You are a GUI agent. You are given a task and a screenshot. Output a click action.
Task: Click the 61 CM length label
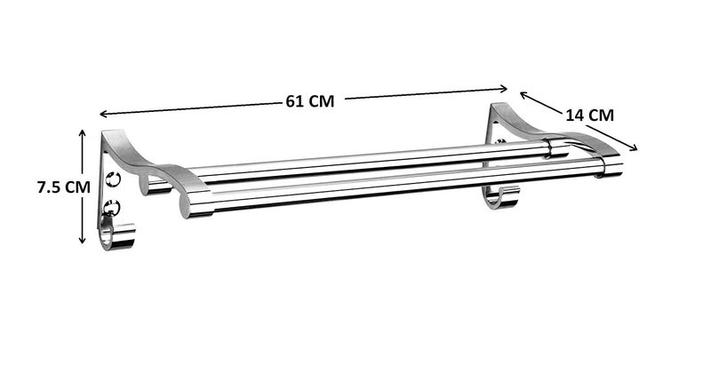coord(309,101)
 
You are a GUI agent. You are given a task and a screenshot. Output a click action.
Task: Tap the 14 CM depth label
coord(588,114)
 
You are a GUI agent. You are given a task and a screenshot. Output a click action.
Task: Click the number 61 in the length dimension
coord(294,101)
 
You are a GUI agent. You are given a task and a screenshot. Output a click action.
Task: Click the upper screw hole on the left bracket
coord(113,179)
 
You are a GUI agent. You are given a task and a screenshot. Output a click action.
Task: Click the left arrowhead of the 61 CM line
coord(102,115)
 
